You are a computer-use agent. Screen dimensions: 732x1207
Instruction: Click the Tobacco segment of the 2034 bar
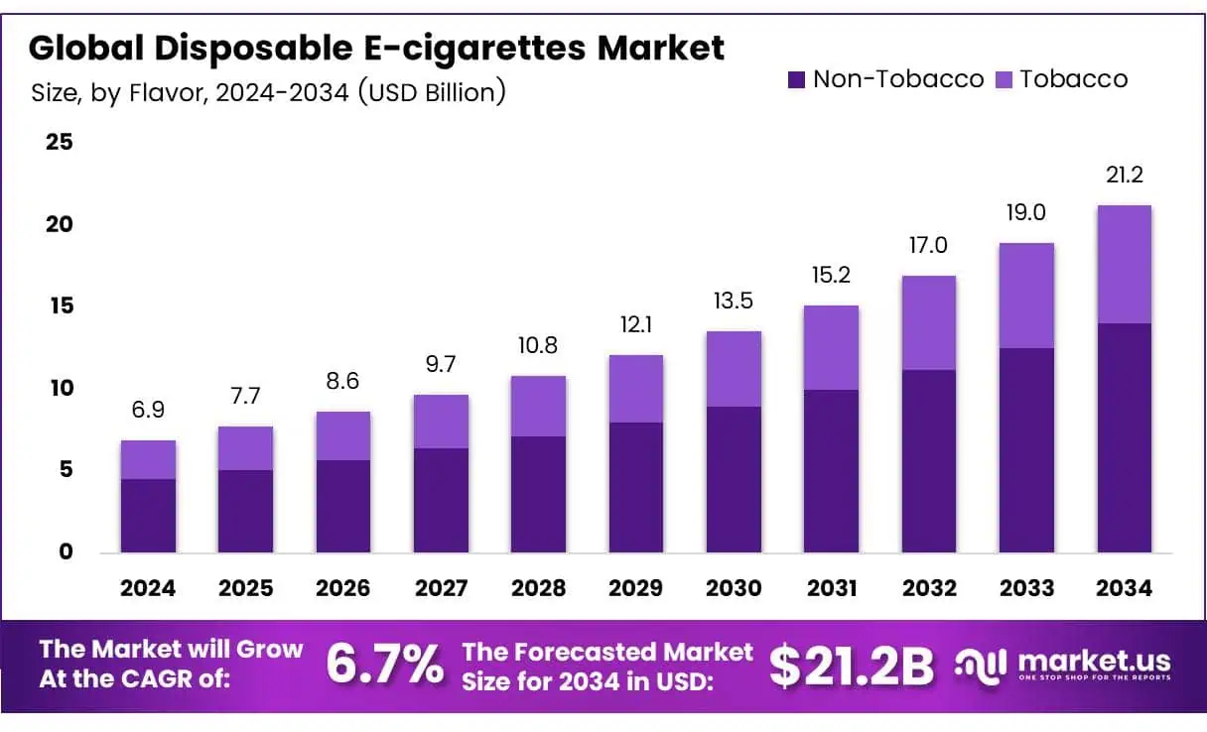(x=1124, y=264)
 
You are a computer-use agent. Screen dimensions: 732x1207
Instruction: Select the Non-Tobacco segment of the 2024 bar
(x=148, y=516)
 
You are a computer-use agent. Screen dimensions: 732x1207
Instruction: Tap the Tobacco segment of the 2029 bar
(x=635, y=389)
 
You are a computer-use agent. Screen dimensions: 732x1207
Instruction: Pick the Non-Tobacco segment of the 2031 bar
(x=831, y=471)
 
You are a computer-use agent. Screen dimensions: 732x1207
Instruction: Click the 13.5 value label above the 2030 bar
(x=734, y=302)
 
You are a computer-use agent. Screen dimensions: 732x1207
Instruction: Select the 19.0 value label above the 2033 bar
(x=1026, y=213)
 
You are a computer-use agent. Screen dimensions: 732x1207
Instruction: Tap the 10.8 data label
(x=538, y=346)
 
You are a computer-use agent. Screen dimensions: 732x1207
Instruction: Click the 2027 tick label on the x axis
(x=441, y=588)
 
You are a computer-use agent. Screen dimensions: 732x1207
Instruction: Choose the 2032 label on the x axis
(x=928, y=588)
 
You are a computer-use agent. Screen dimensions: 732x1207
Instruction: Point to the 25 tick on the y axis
(x=60, y=142)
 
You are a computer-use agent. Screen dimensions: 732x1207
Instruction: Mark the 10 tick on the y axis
(x=60, y=388)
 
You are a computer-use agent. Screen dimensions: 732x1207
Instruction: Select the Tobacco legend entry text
(x=1073, y=79)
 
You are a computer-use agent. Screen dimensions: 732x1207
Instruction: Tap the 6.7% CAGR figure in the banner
(x=385, y=665)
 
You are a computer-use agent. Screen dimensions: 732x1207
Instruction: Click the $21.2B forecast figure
(x=851, y=666)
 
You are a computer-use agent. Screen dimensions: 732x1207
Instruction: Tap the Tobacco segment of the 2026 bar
(x=342, y=435)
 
